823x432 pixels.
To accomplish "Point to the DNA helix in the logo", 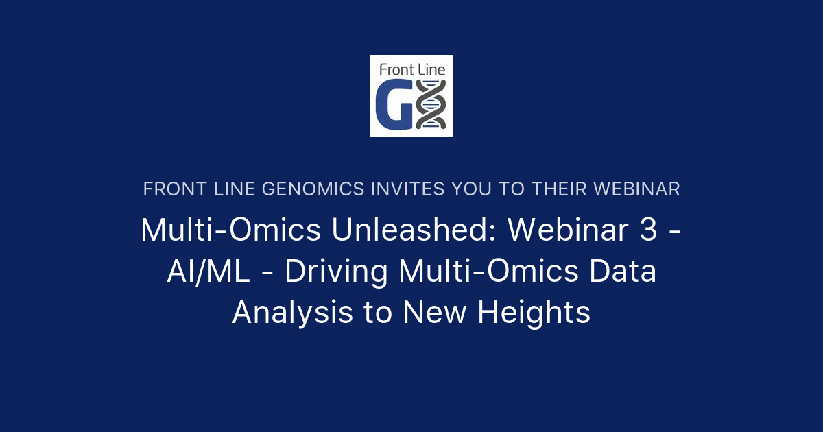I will pyautogui.click(x=432, y=104).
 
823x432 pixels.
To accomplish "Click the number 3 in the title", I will pyautogui.click(x=648, y=230).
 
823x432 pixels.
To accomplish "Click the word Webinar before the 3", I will pyautogui.click(x=568, y=230).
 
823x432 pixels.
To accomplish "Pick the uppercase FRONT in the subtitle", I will pyautogui.click(x=170, y=189).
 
